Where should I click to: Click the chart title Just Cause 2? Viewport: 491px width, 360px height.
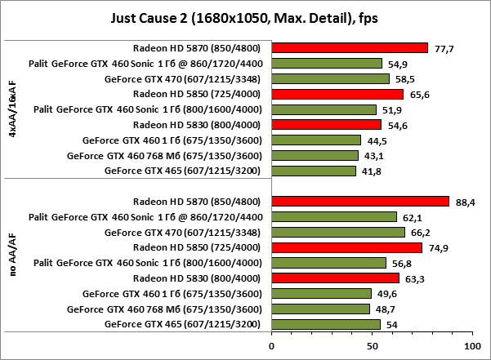pos(245,17)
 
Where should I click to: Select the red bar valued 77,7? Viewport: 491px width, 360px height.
pos(350,47)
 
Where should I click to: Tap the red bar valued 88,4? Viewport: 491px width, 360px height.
pos(360,202)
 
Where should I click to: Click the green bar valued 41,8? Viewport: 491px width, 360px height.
pos(314,171)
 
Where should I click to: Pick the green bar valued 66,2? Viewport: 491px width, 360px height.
pos(338,233)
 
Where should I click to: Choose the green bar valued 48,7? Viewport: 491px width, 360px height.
pos(320,309)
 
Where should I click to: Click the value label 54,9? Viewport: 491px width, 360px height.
pos(396,64)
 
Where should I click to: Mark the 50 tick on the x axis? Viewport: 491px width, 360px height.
pos(372,346)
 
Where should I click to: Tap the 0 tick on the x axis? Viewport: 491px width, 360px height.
pos(271,346)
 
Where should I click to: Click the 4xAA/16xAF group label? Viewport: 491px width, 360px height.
pos(12,109)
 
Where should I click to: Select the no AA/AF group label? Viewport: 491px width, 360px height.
pos(12,263)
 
